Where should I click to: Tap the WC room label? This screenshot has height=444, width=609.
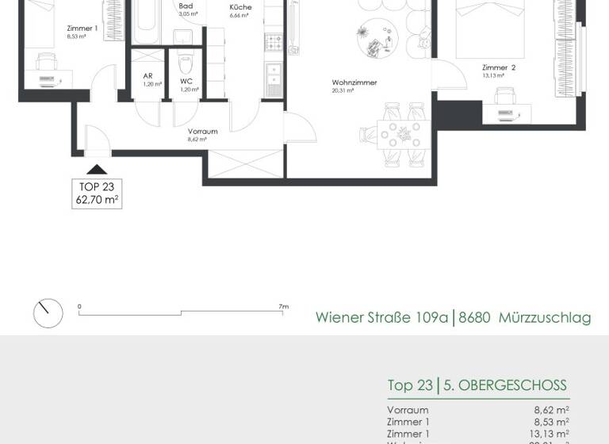point(186,81)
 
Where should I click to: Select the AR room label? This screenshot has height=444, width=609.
point(147,76)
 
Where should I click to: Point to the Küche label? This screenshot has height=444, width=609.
point(240,7)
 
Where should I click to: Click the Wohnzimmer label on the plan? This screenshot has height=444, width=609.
point(354,82)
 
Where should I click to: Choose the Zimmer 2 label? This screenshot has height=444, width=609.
point(499,68)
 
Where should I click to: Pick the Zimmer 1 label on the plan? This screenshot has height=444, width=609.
point(82,28)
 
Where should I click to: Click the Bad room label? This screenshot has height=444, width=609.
point(186,6)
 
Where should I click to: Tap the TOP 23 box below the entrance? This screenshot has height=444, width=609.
point(97,193)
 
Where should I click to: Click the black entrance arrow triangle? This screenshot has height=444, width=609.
point(97,168)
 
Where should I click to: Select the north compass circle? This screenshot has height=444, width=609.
point(48,313)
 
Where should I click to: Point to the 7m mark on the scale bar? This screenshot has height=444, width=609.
point(283,306)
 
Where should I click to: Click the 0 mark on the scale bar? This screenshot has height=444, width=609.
point(79,306)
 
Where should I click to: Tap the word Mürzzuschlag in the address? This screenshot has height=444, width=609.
point(545,318)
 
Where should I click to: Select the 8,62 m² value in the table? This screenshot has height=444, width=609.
point(551,411)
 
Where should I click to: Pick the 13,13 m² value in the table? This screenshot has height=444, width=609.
point(550,433)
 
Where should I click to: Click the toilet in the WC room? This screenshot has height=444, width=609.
point(186,63)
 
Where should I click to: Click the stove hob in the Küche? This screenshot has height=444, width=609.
point(274,40)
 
